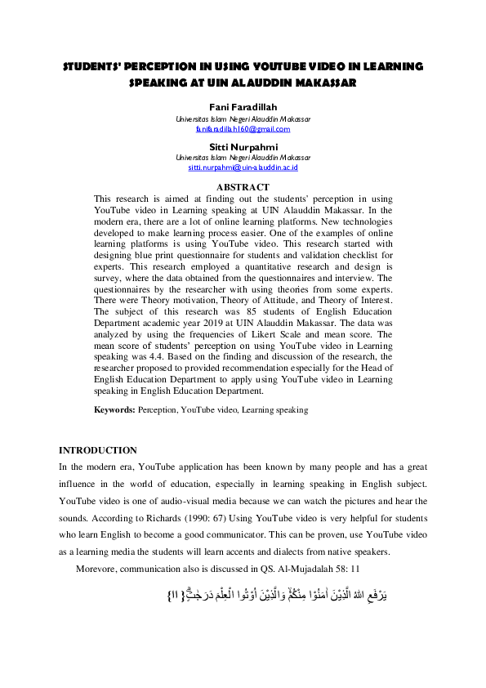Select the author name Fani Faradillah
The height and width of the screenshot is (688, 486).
coord(243,108)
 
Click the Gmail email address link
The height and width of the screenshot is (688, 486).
coord(243,128)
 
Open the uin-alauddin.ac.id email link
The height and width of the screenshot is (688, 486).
coord(243,167)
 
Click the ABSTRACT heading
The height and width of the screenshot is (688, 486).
coord(243,188)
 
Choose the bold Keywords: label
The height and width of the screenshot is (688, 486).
coord(114,409)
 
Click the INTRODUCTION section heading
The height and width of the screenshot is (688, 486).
coord(98,450)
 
